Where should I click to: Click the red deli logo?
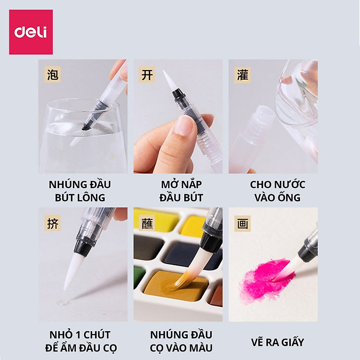pyautogui.click(x=31, y=32)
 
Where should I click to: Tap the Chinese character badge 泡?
pyautogui.click(x=52, y=75)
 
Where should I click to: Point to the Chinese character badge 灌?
pyautogui.click(x=242, y=75)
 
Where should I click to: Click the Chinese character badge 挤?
pyautogui.click(x=52, y=223)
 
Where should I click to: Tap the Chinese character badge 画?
pyautogui.click(x=242, y=223)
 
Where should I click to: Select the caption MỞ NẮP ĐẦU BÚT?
pyautogui.click(x=178, y=191)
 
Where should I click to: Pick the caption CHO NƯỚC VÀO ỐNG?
pyautogui.click(x=273, y=191)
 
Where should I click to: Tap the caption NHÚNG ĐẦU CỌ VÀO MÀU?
pyautogui.click(x=178, y=341)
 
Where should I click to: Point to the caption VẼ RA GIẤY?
pyautogui.click(x=273, y=342)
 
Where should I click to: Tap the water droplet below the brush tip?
pyautogui.click(x=62, y=302)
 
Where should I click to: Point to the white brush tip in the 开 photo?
pyautogui.click(x=168, y=80)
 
